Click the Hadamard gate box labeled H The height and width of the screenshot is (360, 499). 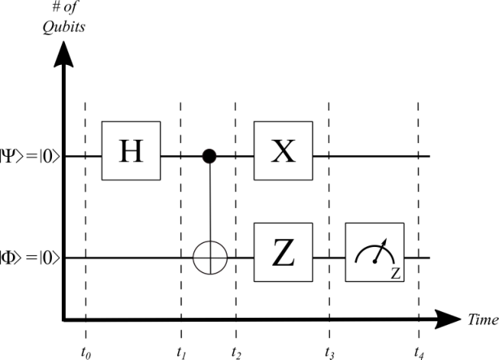131,150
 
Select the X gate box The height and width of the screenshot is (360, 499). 284,150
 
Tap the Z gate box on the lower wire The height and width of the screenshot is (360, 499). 284,252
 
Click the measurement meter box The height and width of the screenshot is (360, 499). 375,252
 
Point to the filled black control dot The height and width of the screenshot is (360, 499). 210,156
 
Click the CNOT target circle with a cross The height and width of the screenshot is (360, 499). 210,258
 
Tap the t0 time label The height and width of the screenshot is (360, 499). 85,353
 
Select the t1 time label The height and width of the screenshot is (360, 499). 181,353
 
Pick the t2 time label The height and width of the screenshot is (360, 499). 236,353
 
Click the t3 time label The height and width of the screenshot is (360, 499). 330,353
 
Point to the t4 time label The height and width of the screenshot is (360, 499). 419,353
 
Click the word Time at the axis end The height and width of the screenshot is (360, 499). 483,319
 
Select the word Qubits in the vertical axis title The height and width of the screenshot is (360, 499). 64,27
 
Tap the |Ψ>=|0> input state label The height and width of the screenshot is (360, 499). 30,157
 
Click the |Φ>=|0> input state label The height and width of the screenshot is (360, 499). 30,258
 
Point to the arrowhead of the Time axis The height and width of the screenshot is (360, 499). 448,319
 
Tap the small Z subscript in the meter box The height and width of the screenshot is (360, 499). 396,274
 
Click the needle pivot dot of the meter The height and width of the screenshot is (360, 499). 375,262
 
